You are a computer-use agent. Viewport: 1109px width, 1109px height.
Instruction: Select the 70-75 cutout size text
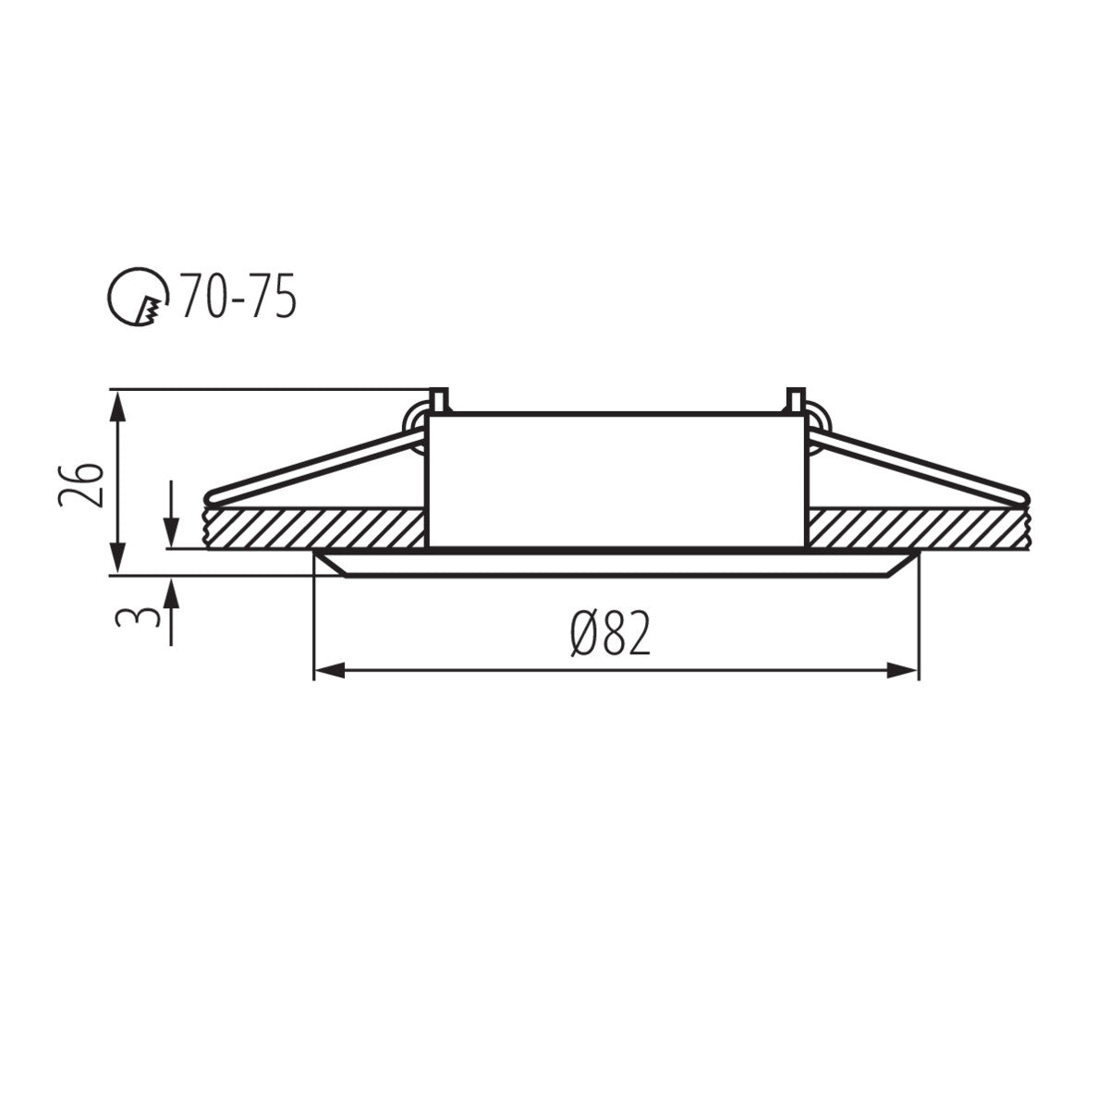pos(238,297)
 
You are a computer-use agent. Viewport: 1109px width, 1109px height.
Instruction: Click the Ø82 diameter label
pos(610,635)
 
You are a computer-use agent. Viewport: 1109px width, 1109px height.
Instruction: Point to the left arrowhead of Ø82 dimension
pos(329,671)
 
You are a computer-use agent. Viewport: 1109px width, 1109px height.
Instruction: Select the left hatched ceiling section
pos(314,528)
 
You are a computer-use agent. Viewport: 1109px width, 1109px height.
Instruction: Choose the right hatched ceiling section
pos(915,528)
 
